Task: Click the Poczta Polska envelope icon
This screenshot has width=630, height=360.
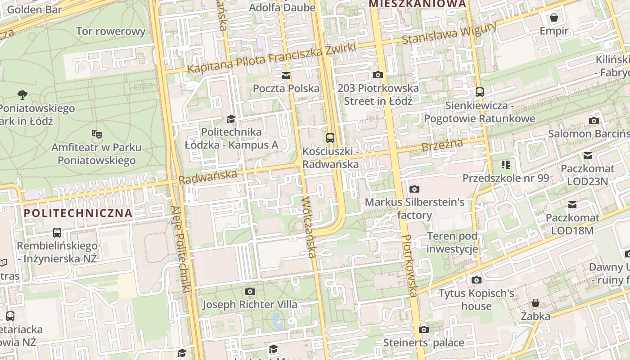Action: tap(286, 75)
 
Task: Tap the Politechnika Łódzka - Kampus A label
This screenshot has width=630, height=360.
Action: tap(231, 139)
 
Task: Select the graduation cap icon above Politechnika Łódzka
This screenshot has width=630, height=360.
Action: tap(231, 119)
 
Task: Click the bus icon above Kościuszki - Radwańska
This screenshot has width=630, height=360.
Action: tap(330, 138)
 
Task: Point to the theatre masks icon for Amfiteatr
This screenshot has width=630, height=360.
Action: tap(96, 134)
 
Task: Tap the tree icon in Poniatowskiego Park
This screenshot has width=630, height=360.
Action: tap(22, 94)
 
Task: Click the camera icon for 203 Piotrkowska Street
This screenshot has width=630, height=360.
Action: tap(378, 75)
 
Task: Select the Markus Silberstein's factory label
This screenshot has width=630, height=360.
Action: tap(414, 208)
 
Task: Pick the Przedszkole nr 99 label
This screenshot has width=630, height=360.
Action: tap(506, 178)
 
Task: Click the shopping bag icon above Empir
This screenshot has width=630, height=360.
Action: tap(554, 18)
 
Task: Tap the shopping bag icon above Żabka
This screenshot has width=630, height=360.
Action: tap(535, 303)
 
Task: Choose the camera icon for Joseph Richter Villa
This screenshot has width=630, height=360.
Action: tap(250, 292)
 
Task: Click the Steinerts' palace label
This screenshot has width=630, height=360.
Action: tap(423, 343)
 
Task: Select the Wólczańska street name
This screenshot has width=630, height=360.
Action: tap(309, 227)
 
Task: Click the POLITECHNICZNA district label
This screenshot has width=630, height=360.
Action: tap(78, 213)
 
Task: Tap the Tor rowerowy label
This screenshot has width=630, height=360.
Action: tap(111, 31)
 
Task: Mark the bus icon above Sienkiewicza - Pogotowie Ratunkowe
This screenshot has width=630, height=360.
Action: tap(479, 92)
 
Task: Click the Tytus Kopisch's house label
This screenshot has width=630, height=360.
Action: tap(477, 300)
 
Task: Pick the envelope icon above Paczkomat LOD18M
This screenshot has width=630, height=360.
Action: tap(572, 205)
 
